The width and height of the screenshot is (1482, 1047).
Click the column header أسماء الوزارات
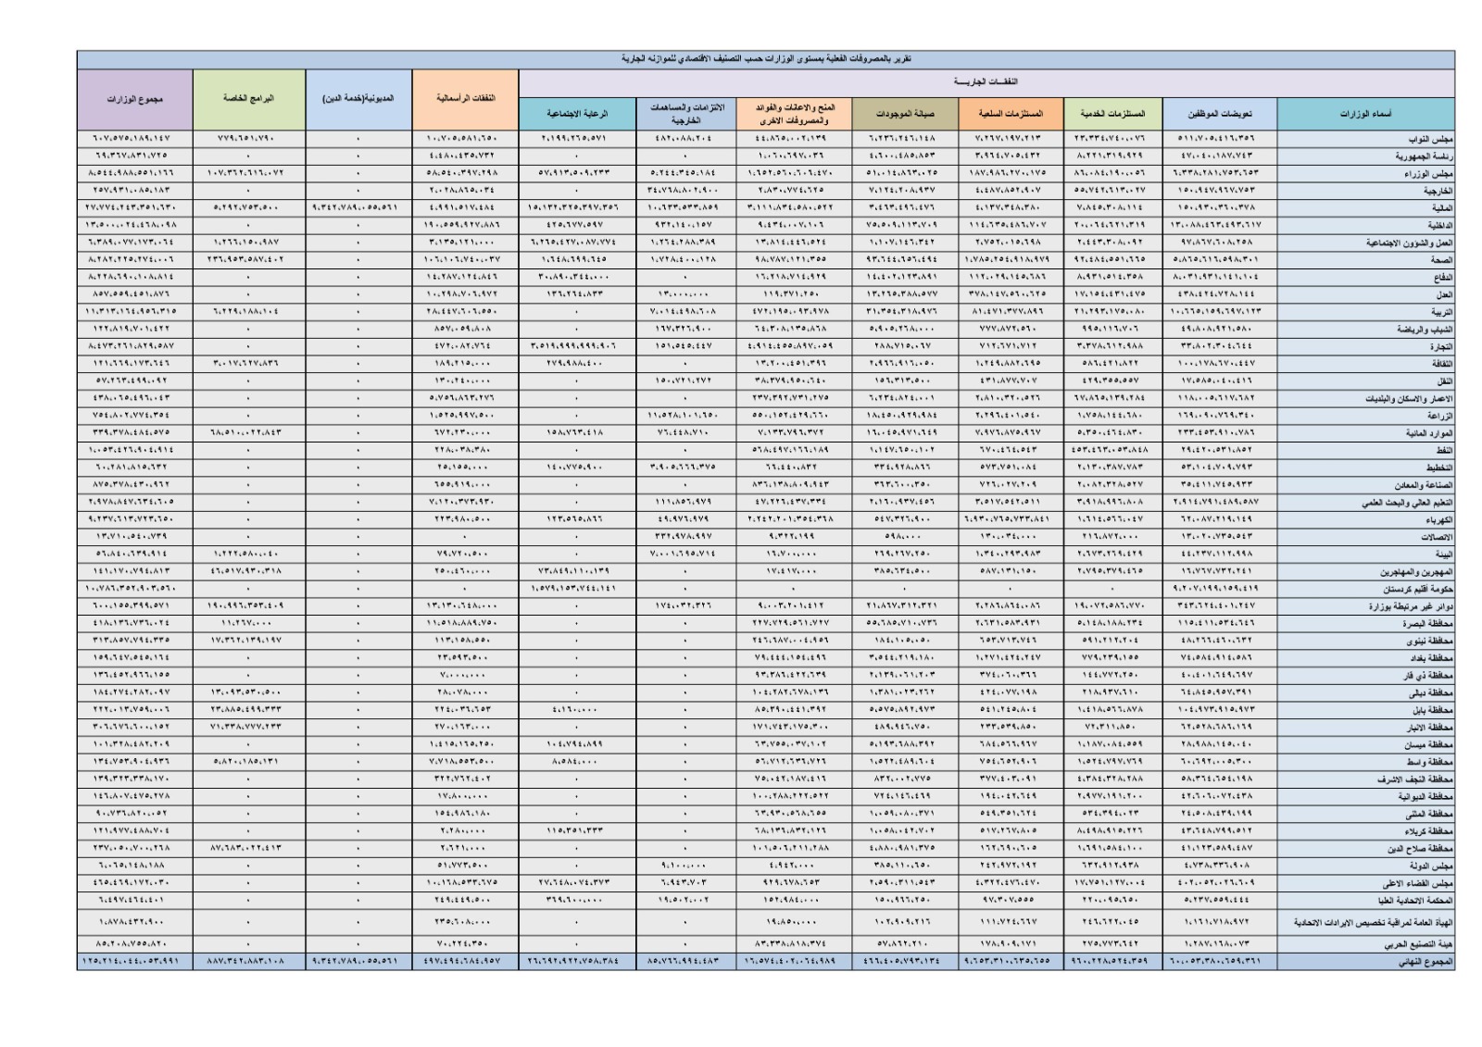1364,114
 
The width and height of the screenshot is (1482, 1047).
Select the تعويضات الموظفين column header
1219,114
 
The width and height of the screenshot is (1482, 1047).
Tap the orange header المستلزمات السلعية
1011,114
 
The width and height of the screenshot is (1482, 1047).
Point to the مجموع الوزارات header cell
134,98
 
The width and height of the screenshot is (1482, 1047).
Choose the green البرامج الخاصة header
248,98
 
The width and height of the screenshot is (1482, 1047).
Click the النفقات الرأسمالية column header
464,98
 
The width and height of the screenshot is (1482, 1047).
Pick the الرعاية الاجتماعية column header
577,114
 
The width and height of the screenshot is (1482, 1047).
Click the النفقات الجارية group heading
986,81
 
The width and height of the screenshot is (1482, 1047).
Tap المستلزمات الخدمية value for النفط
1111,450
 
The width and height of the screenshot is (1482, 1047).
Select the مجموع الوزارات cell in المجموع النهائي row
134,962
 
